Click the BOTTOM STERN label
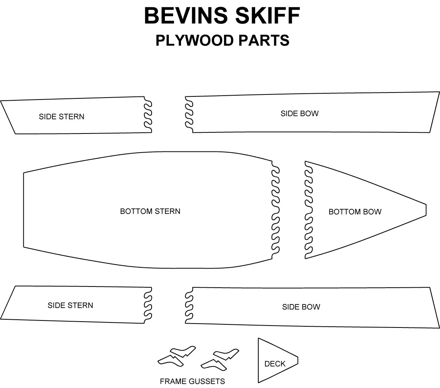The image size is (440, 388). point(150,211)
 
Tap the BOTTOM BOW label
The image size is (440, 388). point(355,212)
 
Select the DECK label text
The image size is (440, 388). point(275,364)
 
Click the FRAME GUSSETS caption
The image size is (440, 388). point(192,381)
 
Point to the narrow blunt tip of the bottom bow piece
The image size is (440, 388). point(426,210)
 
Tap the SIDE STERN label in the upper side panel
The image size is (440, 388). point(61,116)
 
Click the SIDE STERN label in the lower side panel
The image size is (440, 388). point(70,305)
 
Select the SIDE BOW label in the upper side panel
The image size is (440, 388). point(299,114)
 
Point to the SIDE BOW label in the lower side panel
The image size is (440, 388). point(301,307)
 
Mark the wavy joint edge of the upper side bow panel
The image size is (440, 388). point(189,114)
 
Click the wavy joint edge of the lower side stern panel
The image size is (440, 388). point(148,306)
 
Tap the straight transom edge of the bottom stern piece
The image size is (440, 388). point(24,210)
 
